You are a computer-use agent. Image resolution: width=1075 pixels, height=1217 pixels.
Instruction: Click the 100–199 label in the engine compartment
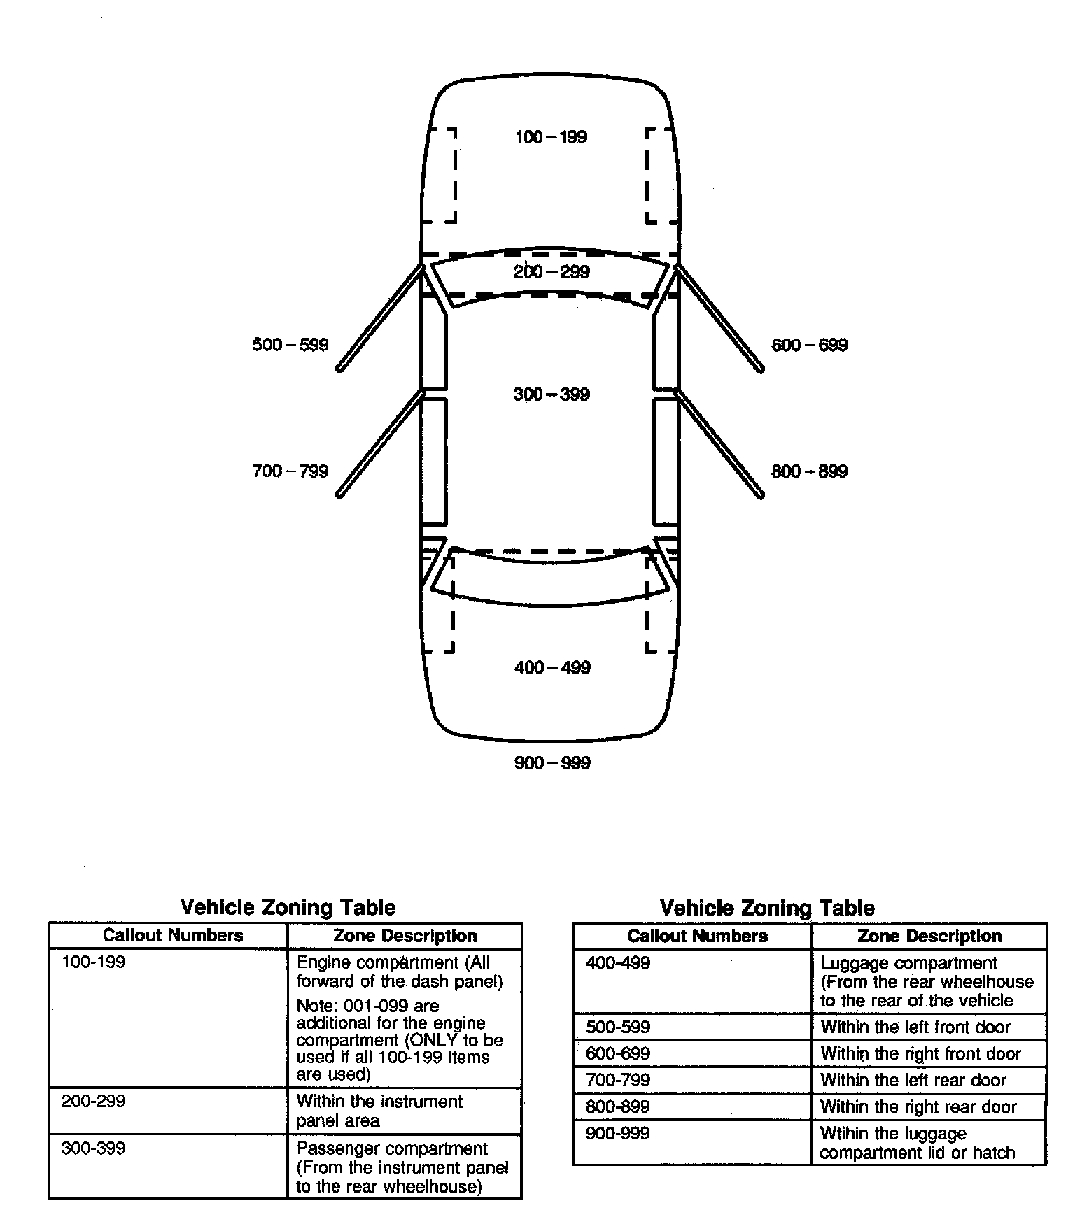[551, 137]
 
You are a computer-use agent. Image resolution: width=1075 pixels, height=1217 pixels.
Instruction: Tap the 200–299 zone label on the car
[551, 271]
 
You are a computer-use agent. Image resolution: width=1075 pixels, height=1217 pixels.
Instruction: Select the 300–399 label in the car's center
[551, 394]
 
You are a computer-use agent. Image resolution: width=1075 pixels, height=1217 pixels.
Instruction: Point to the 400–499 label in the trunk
[552, 667]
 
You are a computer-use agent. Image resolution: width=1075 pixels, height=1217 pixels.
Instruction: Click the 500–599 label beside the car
[290, 345]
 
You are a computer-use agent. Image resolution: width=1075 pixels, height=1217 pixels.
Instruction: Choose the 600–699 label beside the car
[809, 345]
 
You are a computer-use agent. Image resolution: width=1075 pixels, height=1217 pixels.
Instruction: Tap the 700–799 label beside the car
[290, 471]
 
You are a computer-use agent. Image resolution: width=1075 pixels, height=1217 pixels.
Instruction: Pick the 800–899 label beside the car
[809, 471]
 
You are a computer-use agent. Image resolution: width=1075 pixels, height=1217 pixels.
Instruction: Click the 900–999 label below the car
[552, 762]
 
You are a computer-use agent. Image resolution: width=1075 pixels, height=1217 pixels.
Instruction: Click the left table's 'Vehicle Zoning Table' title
[288, 907]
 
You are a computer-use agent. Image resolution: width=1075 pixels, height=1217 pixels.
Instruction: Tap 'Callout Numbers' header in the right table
[697, 936]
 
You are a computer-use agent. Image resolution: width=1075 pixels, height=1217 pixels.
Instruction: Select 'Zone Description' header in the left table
[405, 936]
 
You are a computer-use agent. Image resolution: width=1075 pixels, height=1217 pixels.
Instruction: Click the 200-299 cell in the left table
[94, 1102]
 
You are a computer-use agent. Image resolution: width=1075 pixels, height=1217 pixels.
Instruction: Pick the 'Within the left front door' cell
[915, 1027]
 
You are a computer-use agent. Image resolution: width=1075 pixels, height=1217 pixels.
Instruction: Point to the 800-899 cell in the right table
[618, 1106]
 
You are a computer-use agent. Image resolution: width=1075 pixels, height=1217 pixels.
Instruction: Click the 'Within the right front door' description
[920, 1053]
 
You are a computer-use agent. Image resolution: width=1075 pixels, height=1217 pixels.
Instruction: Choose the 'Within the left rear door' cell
[913, 1080]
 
